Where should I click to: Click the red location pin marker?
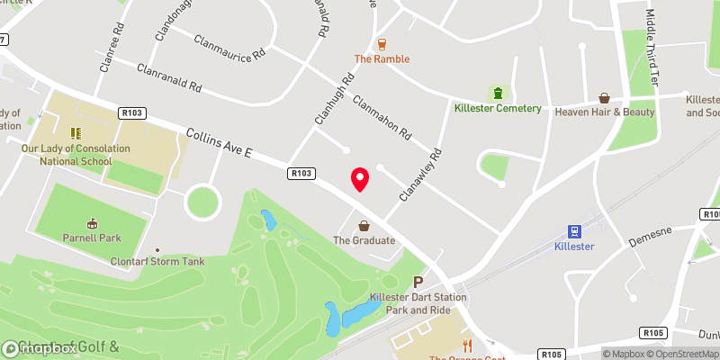click(360, 179)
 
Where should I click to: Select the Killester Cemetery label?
click(497, 109)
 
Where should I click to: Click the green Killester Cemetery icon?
click(497, 94)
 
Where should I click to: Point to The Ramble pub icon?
click(382, 44)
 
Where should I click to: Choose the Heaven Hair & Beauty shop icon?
click(605, 97)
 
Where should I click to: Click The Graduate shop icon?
click(364, 226)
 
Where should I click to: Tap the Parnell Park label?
click(92, 238)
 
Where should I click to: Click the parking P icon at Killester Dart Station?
click(417, 283)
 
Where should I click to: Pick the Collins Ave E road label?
click(219, 143)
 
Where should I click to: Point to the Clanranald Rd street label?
click(167, 79)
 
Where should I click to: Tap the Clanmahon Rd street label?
click(382, 118)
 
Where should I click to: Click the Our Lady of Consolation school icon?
click(76, 133)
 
